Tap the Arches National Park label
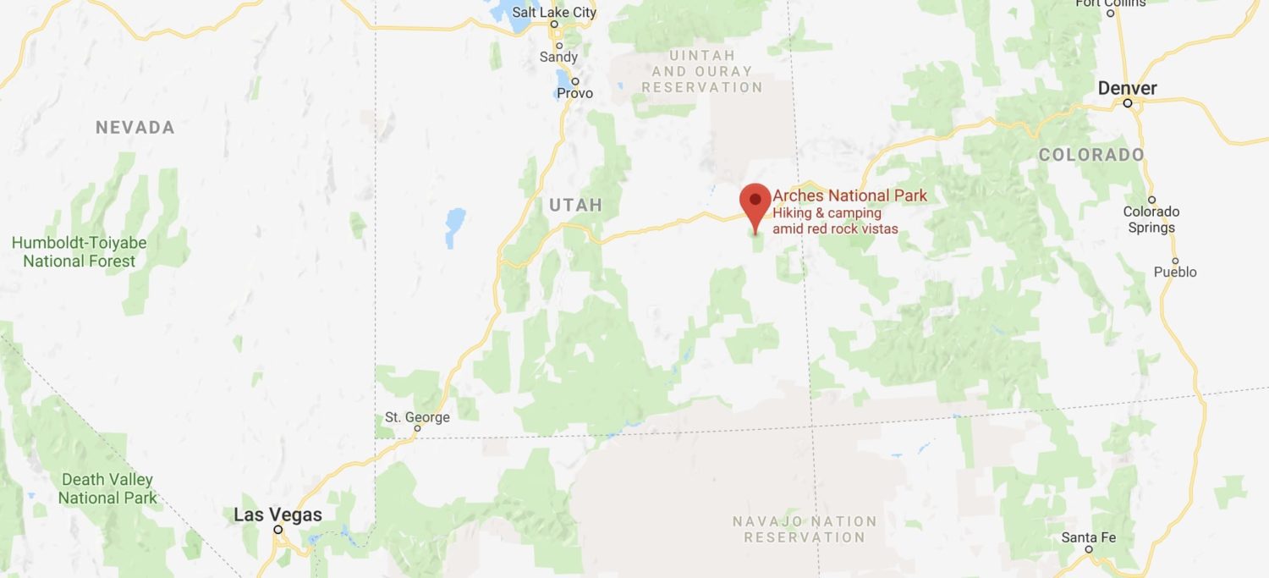(849, 196)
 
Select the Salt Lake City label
(554, 13)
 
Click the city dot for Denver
(1128, 103)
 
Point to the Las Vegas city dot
(277, 530)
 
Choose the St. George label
(417, 417)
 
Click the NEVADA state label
(135, 128)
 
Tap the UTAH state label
(576, 205)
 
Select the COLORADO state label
(1091, 155)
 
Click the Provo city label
(575, 93)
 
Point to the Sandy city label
(558, 58)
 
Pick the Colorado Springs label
(1151, 219)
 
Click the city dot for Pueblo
(1175, 261)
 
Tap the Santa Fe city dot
(1090, 549)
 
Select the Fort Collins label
(1111, 3)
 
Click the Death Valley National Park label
(107, 488)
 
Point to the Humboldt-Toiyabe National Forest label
(79, 252)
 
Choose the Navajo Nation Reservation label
(805, 529)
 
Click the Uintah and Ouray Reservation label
(701, 72)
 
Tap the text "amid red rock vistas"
(835, 229)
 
